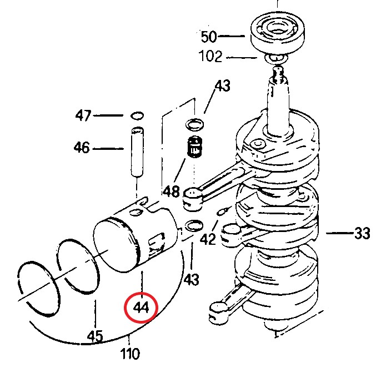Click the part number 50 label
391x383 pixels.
(209, 37)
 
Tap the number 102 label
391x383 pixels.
(210, 57)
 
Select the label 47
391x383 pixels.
(84, 115)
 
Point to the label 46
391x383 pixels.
(82, 148)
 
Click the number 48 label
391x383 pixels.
(171, 191)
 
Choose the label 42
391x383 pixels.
(208, 239)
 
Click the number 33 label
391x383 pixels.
(362, 234)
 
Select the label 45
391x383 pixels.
(95, 336)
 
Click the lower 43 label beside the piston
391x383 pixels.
(191, 279)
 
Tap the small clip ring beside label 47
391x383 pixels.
(137, 115)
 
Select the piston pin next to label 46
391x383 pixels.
(137, 152)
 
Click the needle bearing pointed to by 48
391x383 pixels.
(194, 147)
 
